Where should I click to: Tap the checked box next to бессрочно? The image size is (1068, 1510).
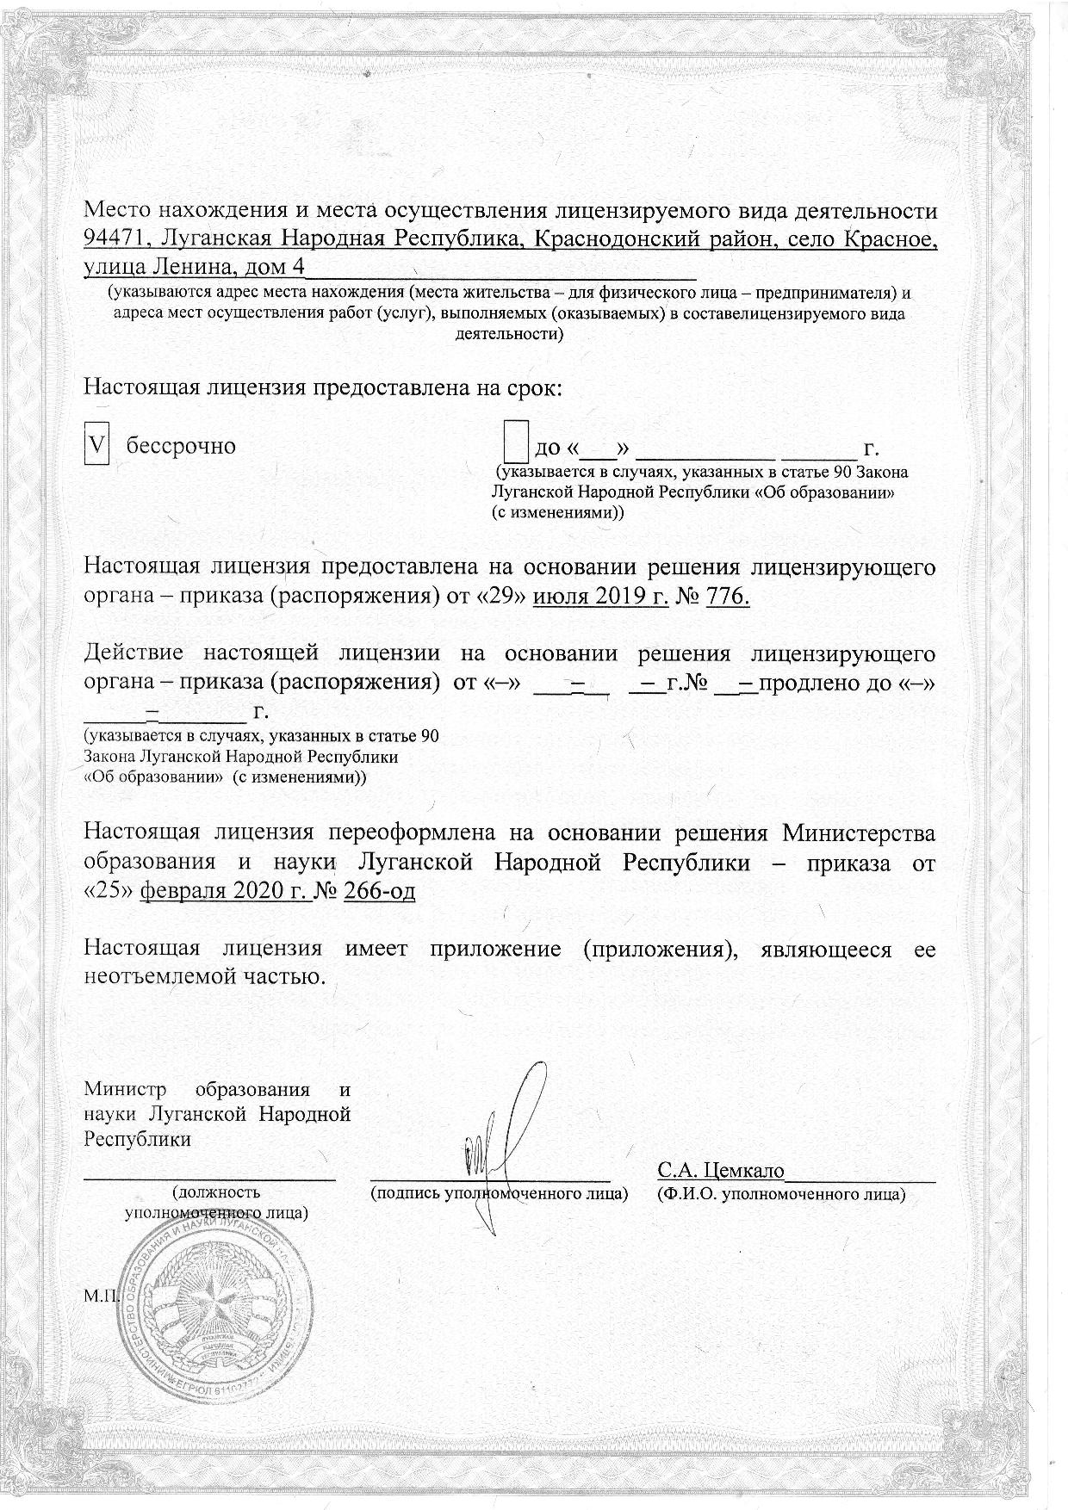click(x=97, y=447)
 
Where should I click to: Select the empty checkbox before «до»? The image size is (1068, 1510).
click(x=515, y=445)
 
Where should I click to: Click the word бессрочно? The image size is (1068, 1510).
click(x=182, y=447)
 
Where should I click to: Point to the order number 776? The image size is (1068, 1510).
click(x=728, y=597)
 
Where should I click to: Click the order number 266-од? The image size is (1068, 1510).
click(x=380, y=891)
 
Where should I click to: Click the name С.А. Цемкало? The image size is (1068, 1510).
click(x=720, y=1171)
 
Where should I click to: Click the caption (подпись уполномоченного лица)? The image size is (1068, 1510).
click(x=498, y=1194)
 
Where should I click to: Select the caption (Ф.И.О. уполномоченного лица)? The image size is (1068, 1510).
click(x=780, y=1194)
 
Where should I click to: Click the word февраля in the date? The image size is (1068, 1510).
click(x=179, y=891)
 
